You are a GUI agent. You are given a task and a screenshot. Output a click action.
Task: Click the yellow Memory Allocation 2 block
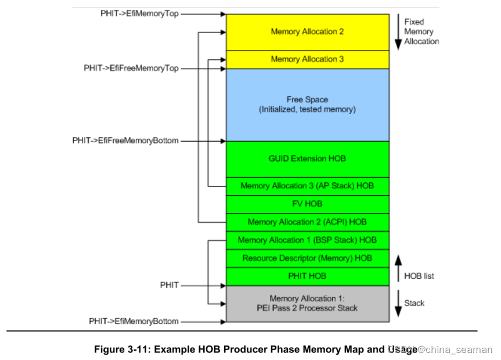coord(307,32)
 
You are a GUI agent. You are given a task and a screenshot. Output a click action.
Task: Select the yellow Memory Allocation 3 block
coord(307,59)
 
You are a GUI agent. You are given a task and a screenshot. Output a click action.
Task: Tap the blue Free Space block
coord(307,105)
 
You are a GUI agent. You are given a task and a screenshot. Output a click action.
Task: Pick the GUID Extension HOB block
coord(307,159)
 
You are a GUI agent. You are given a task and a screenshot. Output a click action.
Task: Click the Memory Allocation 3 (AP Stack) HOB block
coord(307,186)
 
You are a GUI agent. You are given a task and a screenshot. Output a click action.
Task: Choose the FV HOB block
coord(307,204)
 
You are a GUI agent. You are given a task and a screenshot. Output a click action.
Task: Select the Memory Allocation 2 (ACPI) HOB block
coord(307,222)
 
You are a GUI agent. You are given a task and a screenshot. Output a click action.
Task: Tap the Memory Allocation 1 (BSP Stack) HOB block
coord(307,240)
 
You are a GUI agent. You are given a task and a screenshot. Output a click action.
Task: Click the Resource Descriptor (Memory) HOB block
coord(307,258)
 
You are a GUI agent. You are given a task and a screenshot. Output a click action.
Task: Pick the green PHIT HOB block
coord(307,276)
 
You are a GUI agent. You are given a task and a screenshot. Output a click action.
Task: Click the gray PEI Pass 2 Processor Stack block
coord(307,303)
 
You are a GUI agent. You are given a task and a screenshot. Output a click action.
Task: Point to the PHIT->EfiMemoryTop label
coord(139,13)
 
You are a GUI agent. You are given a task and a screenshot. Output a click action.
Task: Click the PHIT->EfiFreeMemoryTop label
coord(131,68)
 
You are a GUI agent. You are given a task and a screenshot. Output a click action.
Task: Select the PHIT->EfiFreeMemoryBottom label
coord(125,141)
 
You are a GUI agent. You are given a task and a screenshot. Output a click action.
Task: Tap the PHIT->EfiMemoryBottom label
coord(134,321)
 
